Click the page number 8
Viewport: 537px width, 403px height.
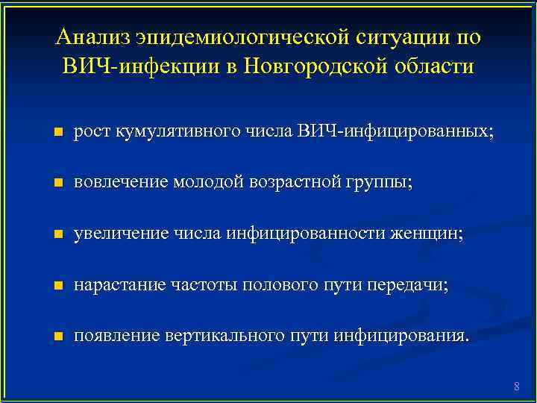point(516,386)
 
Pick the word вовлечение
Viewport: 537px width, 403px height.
point(122,183)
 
